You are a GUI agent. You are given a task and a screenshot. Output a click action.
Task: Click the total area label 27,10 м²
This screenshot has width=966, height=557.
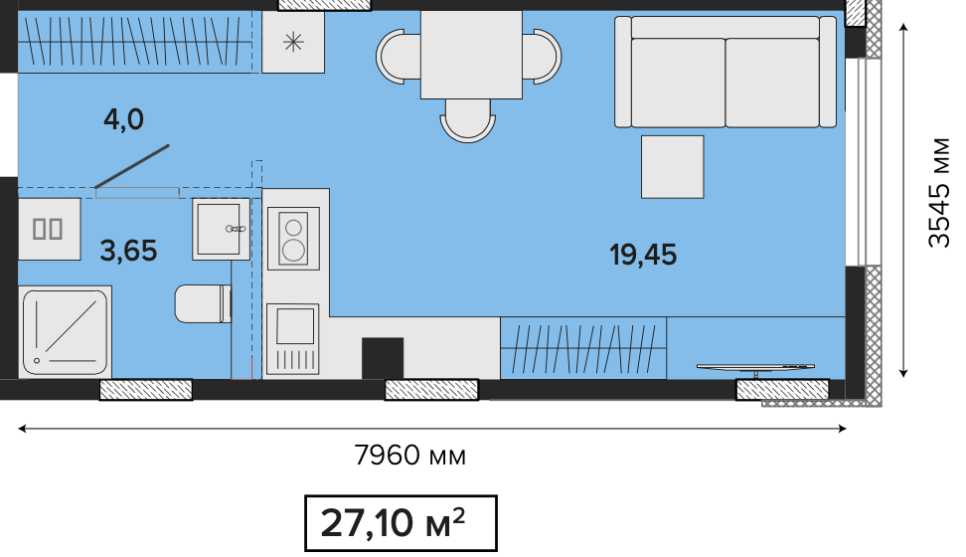393,523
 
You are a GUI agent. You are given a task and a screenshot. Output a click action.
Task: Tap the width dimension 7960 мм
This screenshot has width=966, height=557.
409,456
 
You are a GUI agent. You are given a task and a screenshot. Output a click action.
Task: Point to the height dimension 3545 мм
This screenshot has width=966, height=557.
939,192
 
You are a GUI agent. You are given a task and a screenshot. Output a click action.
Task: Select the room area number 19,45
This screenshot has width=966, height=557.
643,255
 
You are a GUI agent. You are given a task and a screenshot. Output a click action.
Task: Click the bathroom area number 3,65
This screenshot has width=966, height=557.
128,251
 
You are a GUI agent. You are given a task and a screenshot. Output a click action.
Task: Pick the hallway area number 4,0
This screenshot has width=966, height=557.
123,119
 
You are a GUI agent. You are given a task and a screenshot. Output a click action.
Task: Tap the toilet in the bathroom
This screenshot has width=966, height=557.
203,303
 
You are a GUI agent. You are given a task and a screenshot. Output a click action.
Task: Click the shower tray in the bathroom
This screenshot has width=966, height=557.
65,332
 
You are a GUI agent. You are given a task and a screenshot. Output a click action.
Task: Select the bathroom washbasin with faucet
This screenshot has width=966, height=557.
222,229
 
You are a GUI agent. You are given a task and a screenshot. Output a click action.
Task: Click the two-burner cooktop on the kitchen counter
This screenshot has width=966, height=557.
293,238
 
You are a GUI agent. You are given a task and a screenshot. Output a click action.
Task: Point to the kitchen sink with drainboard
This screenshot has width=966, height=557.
292,338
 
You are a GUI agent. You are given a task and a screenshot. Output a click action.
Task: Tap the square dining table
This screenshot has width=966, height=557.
471,55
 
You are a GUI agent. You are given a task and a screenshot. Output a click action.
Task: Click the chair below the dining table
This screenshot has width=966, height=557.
468,121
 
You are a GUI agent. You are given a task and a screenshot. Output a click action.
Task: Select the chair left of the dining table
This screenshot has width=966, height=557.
398,56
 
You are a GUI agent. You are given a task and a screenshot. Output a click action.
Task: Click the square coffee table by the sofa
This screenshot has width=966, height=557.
672,167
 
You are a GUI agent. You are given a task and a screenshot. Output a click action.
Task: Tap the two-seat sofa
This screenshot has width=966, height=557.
725,73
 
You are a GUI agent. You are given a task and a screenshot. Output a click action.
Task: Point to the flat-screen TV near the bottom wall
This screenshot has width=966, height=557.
756,369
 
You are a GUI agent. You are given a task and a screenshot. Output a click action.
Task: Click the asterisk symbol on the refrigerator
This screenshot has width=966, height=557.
293,42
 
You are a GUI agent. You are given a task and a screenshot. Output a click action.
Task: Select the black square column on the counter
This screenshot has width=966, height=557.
383,358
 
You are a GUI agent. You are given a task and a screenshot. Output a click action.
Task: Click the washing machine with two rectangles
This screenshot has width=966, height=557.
50,229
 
